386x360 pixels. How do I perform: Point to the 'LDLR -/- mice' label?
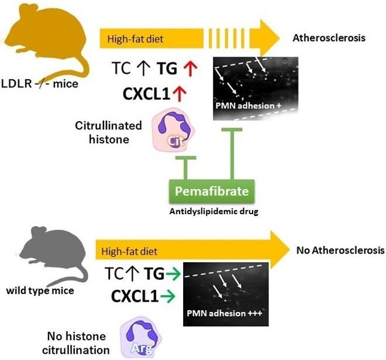40,83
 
